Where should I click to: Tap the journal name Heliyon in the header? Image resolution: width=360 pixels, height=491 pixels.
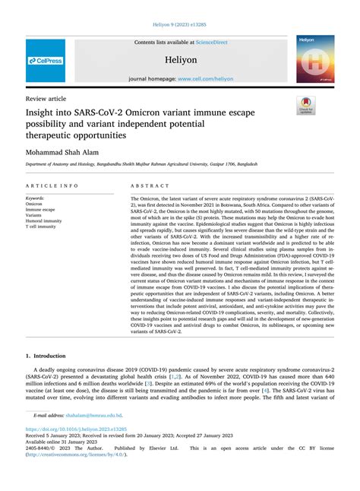180,59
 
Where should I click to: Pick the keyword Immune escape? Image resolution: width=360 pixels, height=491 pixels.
40,209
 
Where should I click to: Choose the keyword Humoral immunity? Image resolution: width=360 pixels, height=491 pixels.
44,220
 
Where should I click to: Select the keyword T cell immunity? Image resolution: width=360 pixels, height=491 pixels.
41,226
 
